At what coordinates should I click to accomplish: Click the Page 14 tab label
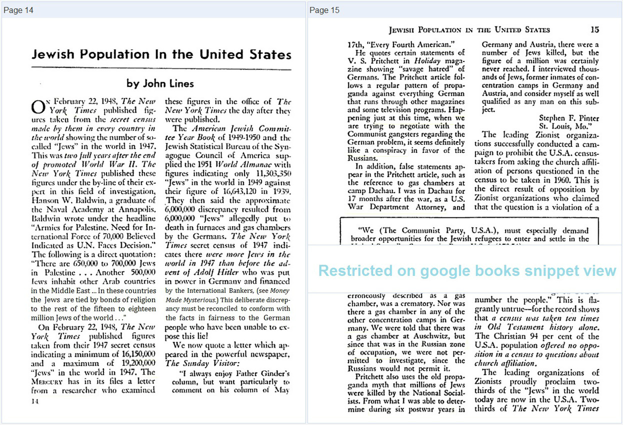pyautogui.click(x=18, y=10)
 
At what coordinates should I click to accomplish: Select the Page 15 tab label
pyautogui.click(x=324, y=10)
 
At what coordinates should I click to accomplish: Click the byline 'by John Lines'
pyautogui.click(x=160, y=83)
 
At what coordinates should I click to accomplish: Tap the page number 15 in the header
pyautogui.click(x=594, y=30)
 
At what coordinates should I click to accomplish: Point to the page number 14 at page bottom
pyautogui.click(x=34, y=401)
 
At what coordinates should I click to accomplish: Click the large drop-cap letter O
pyautogui.click(x=38, y=106)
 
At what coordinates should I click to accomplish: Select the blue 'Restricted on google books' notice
pyautogui.click(x=467, y=271)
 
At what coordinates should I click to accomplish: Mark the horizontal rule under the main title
pyautogui.click(x=161, y=68)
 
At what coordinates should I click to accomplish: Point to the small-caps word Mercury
pyautogui.click(x=46, y=382)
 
